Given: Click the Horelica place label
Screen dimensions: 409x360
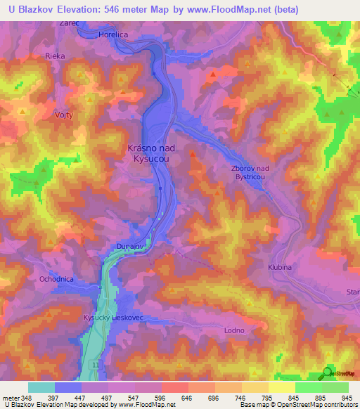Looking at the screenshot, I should [114, 34].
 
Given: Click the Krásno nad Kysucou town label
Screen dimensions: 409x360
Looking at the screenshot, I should [151, 154].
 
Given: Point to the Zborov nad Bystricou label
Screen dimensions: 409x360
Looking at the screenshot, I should [250, 173].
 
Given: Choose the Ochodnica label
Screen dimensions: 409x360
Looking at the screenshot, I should [56, 279].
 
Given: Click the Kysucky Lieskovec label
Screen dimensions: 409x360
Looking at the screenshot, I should [113, 318].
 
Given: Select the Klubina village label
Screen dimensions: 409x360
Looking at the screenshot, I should [279, 268].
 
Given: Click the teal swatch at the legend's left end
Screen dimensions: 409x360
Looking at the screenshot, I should [41, 387].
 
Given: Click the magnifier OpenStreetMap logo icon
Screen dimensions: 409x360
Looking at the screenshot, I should [326, 373].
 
